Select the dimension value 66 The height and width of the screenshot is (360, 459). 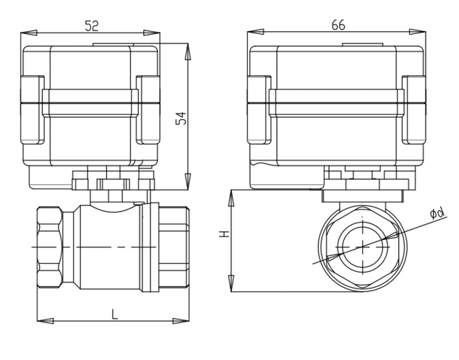click(338, 24)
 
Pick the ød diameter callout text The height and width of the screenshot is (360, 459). click(436, 213)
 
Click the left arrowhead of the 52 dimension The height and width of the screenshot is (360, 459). click(30, 33)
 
